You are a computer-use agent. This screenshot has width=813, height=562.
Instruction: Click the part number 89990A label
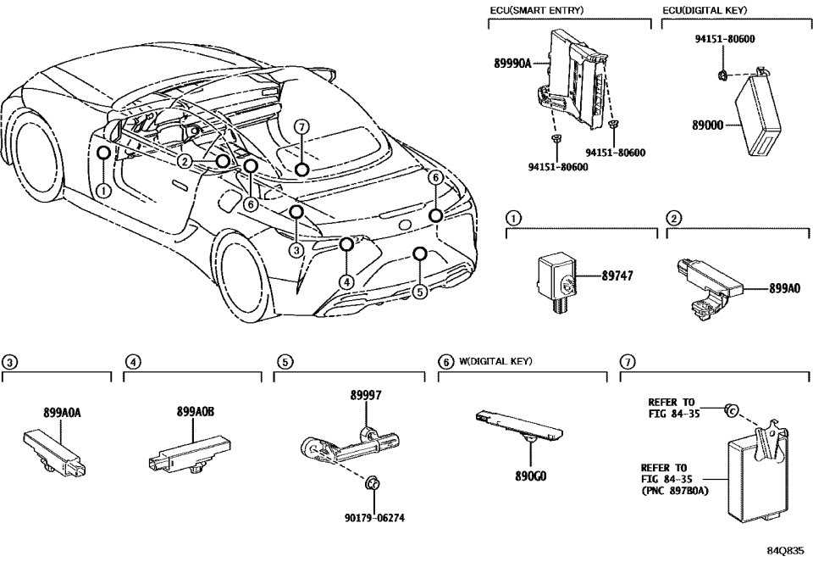[x=512, y=63]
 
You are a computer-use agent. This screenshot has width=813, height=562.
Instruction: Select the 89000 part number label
[x=708, y=124]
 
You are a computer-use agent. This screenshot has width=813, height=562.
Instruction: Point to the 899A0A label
[x=63, y=413]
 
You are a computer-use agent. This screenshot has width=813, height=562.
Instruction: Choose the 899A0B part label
[x=196, y=413]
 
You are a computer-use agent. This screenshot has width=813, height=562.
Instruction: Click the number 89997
[x=367, y=395]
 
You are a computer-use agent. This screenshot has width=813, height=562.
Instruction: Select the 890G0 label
[x=531, y=476]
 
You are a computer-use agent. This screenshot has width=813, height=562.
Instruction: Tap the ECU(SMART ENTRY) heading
[x=537, y=9]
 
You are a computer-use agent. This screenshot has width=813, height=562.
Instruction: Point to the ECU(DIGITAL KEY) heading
[x=705, y=9]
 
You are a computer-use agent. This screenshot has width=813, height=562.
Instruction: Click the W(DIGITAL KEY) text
[x=495, y=362]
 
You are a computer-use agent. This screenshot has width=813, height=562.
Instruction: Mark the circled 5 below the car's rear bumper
[x=419, y=291]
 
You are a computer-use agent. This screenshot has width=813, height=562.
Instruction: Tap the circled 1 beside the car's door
[x=102, y=191]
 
